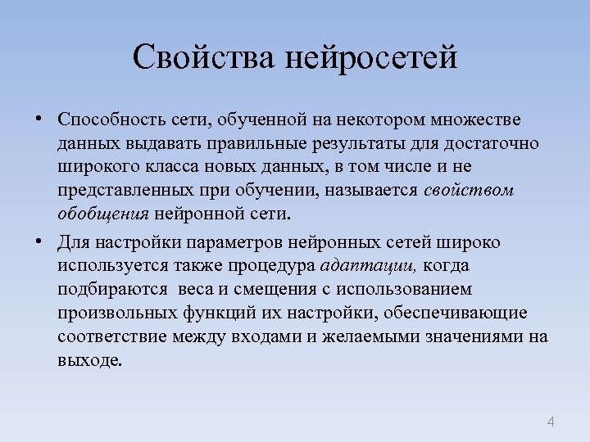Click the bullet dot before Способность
click(x=39, y=120)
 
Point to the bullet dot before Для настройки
click(x=39, y=242)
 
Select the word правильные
click(x=265, y=144)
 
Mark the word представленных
click(x=124, y=192)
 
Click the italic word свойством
click(x=470, y=192)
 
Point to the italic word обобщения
click(x=102, y=215)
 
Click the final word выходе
click(x=90, y=362)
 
